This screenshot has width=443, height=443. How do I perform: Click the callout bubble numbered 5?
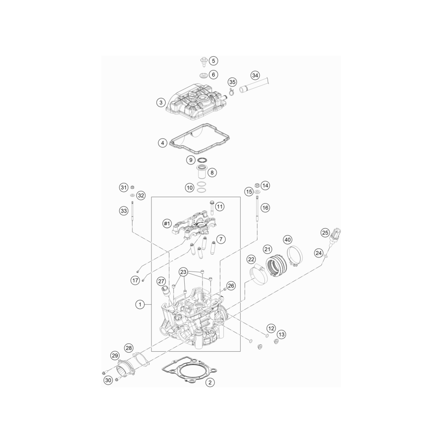(x=214, y=61)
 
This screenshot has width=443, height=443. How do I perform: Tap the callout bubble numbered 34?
(x=255, y=76)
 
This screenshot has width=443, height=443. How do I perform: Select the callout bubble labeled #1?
(x=167, y=224)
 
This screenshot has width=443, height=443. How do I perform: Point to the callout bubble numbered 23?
(x=183, y=272)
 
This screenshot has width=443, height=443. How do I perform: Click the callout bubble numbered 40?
(x=288, y=240)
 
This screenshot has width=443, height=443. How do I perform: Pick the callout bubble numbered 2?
(x=210, y=383)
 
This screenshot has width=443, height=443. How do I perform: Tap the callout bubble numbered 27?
(x=161, y=281)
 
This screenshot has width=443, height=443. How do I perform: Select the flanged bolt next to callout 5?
(x=204, y=62)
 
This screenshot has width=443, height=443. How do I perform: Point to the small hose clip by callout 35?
(x=232, y=91)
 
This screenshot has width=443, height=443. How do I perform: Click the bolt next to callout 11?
(x=212, y=207)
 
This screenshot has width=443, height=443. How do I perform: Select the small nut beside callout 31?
(x=132, y=187)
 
